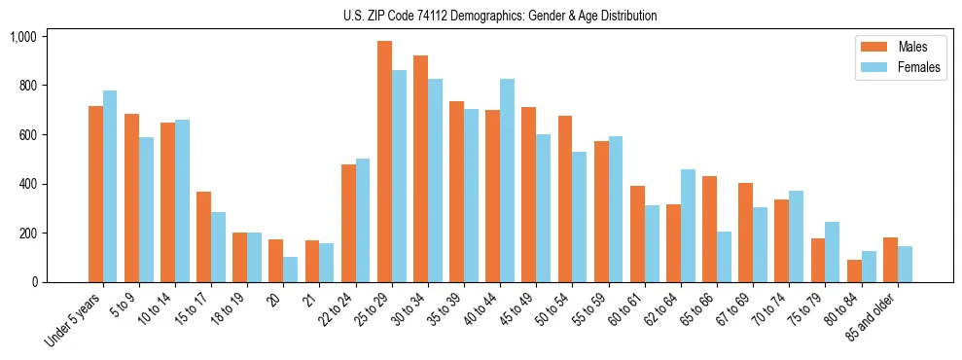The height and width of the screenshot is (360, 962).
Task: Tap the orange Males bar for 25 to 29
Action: click(384, 162)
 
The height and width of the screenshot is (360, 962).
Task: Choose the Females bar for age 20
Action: click(291, 270)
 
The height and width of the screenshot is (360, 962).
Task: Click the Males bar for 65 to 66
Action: click(709, 230)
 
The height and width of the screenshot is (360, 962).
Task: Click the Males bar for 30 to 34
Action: click(420, 169)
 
